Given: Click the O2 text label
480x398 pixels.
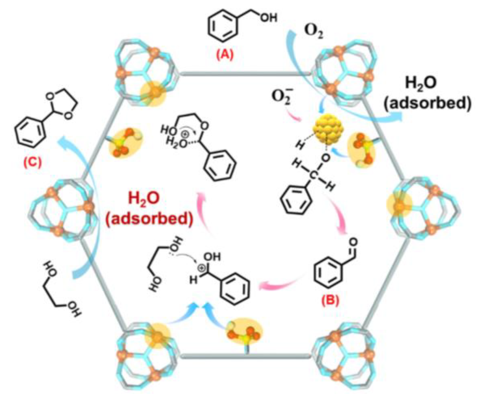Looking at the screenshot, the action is coord(313,33).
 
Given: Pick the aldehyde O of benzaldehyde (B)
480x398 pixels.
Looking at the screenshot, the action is coord(353,242).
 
